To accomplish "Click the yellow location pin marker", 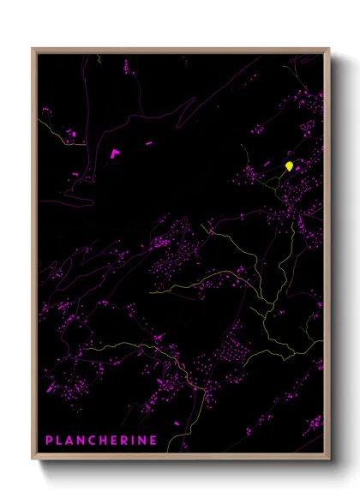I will coord(290,165).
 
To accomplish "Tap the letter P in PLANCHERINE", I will coord(49,441).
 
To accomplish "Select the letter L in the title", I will coord(59,441).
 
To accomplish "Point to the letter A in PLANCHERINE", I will coord(70,441).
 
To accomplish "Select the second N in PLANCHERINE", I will coord(141,441).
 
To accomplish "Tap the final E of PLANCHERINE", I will coord(153,441).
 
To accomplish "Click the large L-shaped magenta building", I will coord(114,153).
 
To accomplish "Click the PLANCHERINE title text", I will coord(100,441).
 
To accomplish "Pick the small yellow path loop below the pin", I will coord(282,179).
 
